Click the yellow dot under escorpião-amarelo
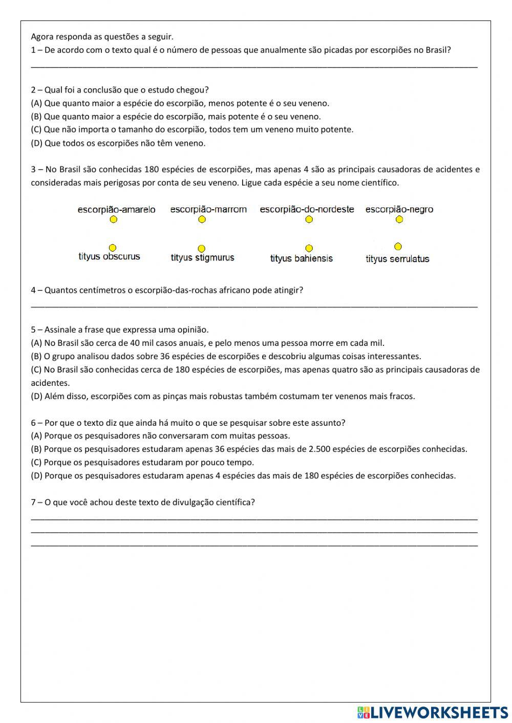(114, 220)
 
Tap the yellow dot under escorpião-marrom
(202, 220)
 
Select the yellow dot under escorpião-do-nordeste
(309, 220)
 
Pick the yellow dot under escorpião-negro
(399, 220)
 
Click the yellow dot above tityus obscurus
(113, 248)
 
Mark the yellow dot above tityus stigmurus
(202, 249)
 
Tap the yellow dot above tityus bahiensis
(309, 248)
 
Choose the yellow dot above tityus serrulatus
(398, 247)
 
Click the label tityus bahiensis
(301, 259)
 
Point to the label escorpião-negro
(399, 209)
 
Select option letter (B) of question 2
(36, 117)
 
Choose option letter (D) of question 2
(36, 143)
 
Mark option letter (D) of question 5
(36, 396)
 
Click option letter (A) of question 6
(36, 436)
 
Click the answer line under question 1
(254, 64)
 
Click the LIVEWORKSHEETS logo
(433, 712)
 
